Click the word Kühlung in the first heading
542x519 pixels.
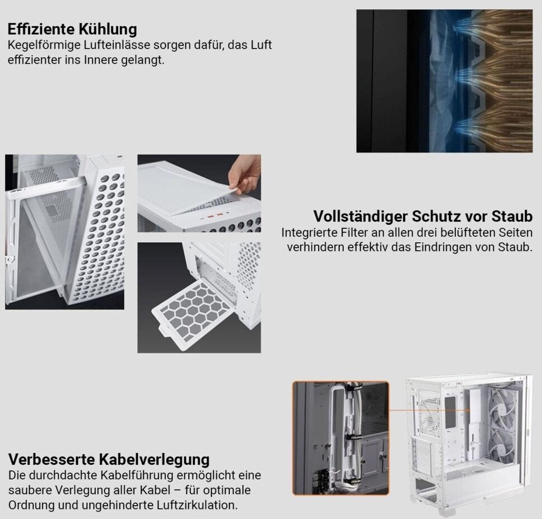click(108, 29)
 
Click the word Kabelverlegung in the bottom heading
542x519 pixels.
click(154, 460)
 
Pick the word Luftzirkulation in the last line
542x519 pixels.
click(197, 505)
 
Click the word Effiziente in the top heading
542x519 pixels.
click(42, 29)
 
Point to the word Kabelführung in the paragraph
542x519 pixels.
click(137, 475)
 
